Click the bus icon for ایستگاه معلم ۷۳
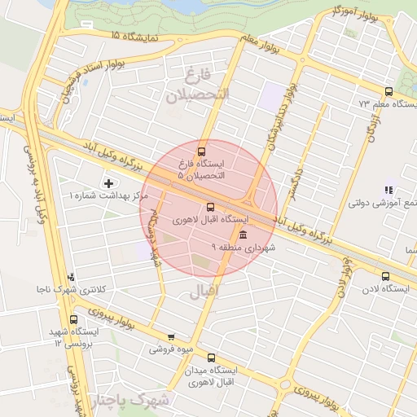[388, 91]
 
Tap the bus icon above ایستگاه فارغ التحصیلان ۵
[202, 151]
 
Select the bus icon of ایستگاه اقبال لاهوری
[211, 207]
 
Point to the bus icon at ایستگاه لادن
[385, 276]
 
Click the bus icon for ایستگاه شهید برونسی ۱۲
[74, 319]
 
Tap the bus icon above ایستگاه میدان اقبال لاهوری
[212, 358]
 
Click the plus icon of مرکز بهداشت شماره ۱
[109, 182]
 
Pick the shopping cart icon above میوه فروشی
[171, 337]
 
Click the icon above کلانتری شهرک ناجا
[72, 277]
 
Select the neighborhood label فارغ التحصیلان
[200, 85]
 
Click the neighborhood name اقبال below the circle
[204, 290]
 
